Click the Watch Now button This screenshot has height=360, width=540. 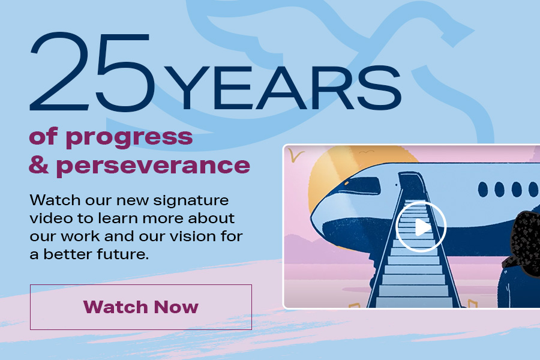[141, 307]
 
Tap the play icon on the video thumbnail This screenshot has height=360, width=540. [421, 227]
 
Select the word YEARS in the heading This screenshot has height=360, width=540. [283, 87]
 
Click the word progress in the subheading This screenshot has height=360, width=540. [129, 138]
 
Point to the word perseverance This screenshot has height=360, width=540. [153, 167]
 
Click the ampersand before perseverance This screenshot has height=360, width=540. [39, 164]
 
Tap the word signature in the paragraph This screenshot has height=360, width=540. [191, 201]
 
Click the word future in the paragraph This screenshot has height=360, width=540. [122, 254]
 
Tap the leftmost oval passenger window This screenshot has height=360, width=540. [483, 189]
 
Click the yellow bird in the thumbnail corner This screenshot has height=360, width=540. [295, 154]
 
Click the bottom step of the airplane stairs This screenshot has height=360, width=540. [414, 302]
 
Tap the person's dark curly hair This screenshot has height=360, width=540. [524, 238]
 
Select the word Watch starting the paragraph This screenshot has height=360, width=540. [55, 200]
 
